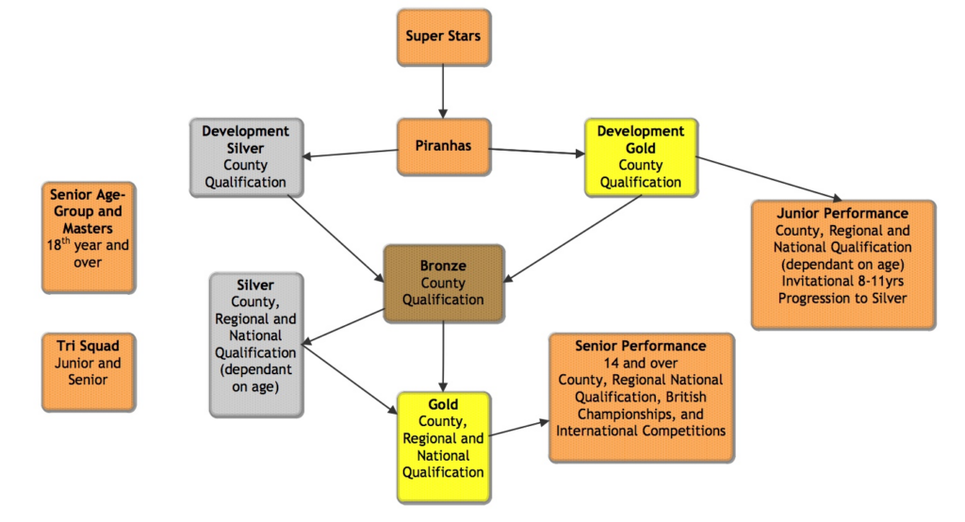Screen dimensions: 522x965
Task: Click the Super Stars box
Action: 443,38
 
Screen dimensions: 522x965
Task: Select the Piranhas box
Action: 443,147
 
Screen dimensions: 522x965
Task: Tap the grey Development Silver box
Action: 245,156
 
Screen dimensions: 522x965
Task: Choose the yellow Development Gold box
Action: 640,157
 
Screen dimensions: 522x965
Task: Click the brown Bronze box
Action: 443,283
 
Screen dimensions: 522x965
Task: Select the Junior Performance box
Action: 842,265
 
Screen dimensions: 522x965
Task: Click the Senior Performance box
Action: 641,397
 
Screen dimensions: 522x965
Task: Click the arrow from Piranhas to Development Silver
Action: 343,154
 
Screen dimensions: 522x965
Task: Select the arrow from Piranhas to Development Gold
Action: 535,151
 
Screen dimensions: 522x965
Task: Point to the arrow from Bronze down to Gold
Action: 443,356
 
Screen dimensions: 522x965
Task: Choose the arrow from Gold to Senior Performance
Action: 518,429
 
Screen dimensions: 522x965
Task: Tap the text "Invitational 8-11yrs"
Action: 842,281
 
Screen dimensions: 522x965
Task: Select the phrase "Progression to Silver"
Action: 842,298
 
